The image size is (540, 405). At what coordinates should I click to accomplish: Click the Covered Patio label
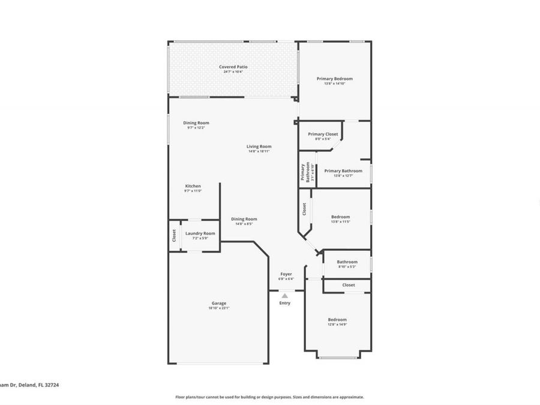[233, 67]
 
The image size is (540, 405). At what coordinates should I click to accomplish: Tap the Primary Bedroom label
[334, 79]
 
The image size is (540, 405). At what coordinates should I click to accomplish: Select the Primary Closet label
[323, 134]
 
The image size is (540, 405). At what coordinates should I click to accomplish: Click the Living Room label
[259, 146]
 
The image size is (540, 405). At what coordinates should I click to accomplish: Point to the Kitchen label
[193, 186]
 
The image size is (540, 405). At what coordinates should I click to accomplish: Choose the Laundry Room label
[200, 233]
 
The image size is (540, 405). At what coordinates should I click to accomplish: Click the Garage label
[218, 303]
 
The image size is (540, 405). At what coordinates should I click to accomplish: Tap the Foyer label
[286, 274]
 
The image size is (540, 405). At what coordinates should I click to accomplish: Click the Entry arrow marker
[285, 295]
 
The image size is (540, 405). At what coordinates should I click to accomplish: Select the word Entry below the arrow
[285, 303]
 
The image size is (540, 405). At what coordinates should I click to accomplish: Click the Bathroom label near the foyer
[347, 262]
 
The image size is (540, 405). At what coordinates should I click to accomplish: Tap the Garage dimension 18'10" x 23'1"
[218, 308]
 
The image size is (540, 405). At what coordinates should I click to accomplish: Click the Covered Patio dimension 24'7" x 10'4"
[233, 72]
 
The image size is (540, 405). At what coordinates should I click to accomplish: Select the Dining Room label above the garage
[244, 219]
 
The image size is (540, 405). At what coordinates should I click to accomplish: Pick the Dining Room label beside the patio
[196, 123]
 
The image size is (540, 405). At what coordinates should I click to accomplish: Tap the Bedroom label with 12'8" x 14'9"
[337, 320]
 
